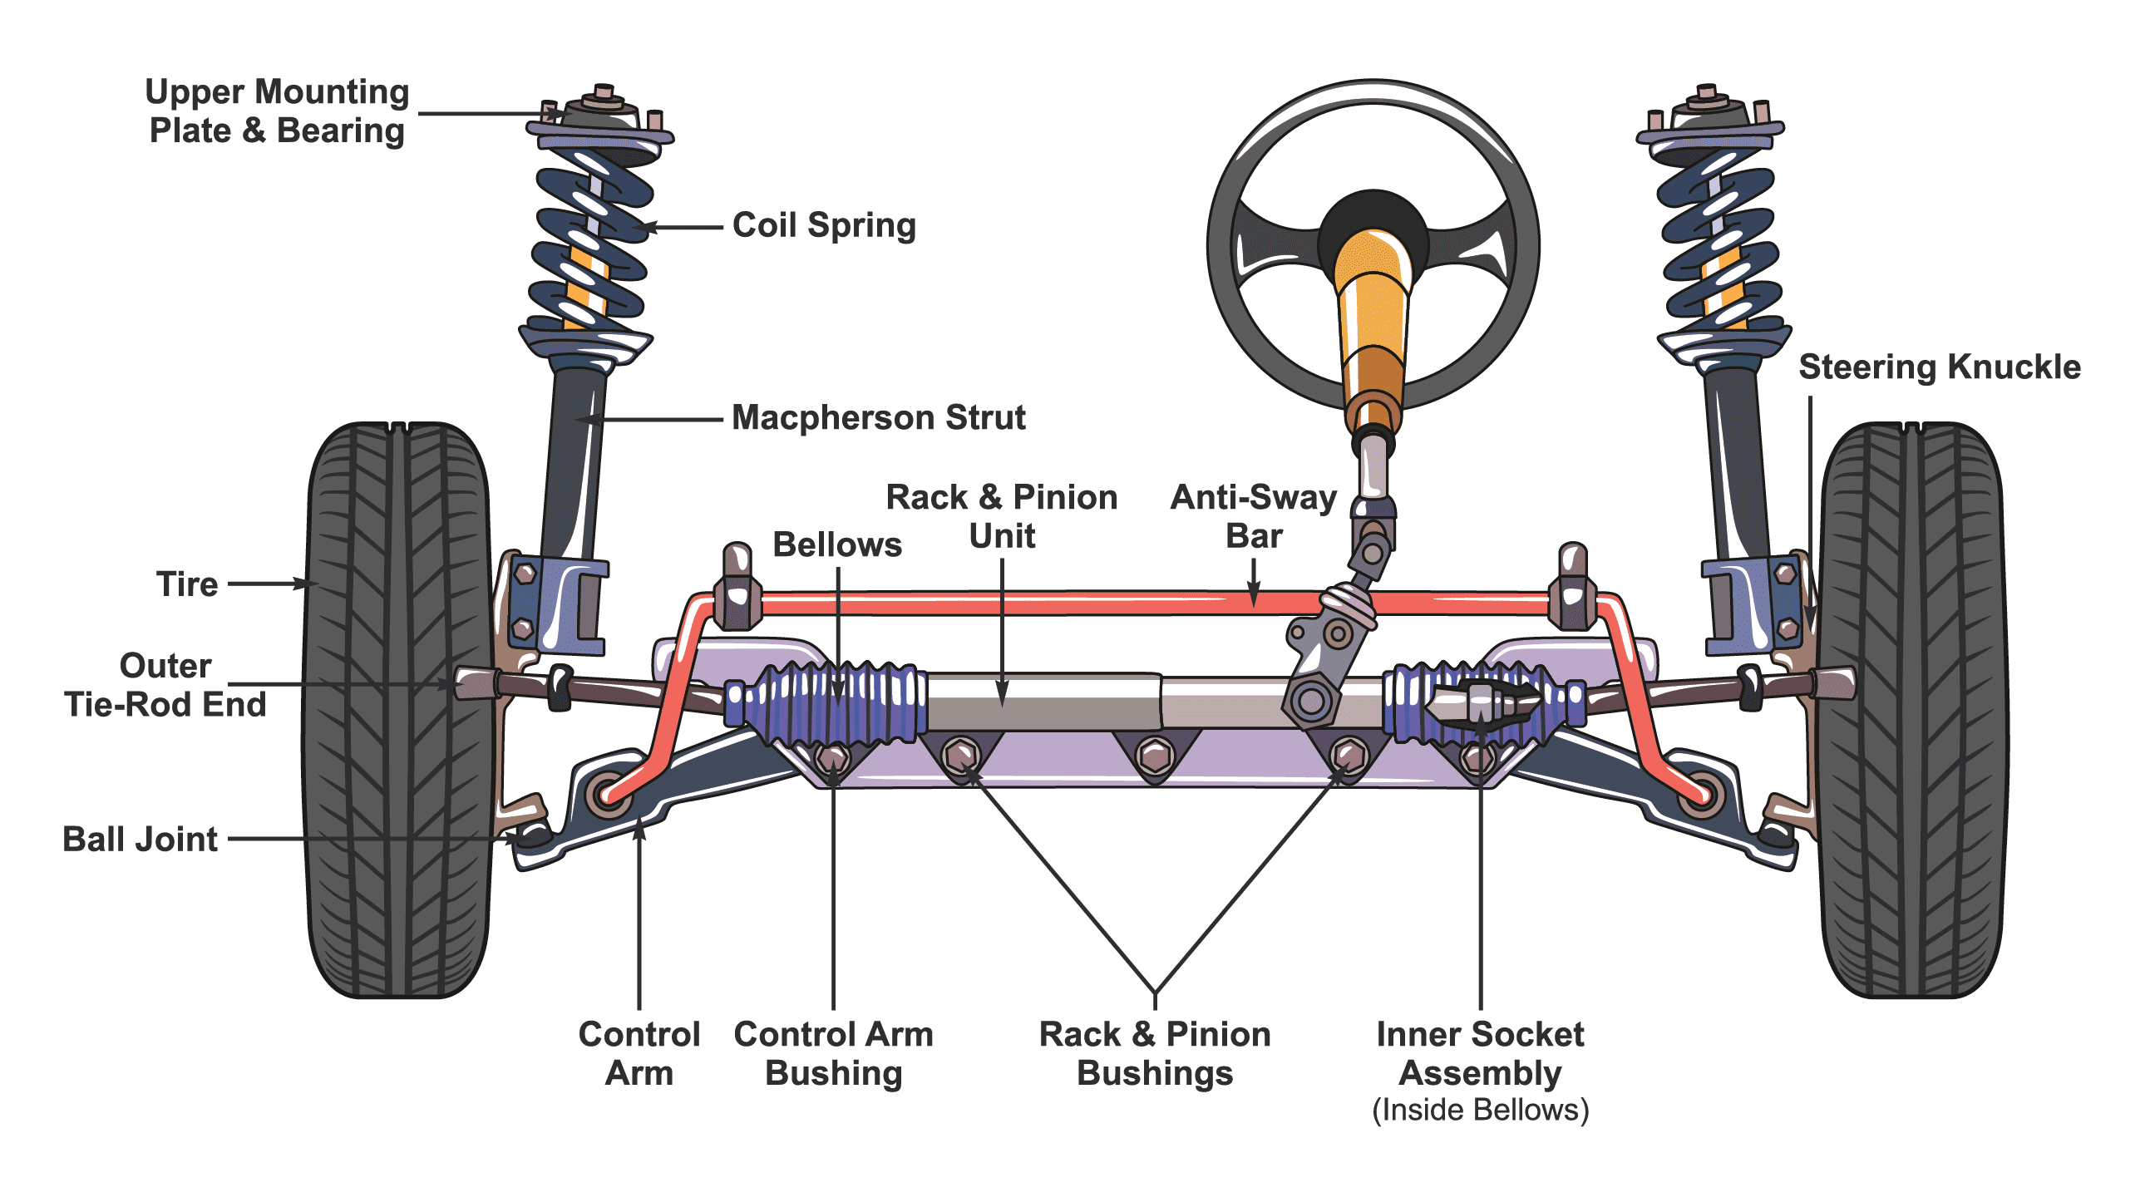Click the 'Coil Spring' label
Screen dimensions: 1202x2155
tap(824, 226)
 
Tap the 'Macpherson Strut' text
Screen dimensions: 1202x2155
tap(878, 417)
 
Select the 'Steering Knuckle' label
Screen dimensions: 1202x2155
tap(1939, 367)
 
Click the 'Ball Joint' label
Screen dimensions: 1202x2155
tap(140, 839)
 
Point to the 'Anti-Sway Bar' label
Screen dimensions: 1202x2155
tap(1253, 516)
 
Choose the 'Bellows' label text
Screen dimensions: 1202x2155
tap(836, 544)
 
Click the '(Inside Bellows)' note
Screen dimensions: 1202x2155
tap(1480, 1110)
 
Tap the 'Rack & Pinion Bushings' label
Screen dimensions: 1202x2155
tap(1155, 1053)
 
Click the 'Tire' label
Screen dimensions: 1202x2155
tap(187, 584)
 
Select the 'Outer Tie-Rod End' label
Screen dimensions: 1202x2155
tap(165, 685)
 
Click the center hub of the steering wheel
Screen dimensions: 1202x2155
tap(1372, 239)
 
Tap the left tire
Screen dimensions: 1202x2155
tap(397, 711)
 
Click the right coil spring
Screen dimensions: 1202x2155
tap(1720, 243)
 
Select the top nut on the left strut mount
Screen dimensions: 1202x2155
tap(603, 92)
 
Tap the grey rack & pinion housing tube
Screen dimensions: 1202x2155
tap(1046, 701)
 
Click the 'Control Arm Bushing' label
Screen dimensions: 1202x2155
tap(833, 1053)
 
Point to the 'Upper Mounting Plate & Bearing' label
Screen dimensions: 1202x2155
tap(277, 111)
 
